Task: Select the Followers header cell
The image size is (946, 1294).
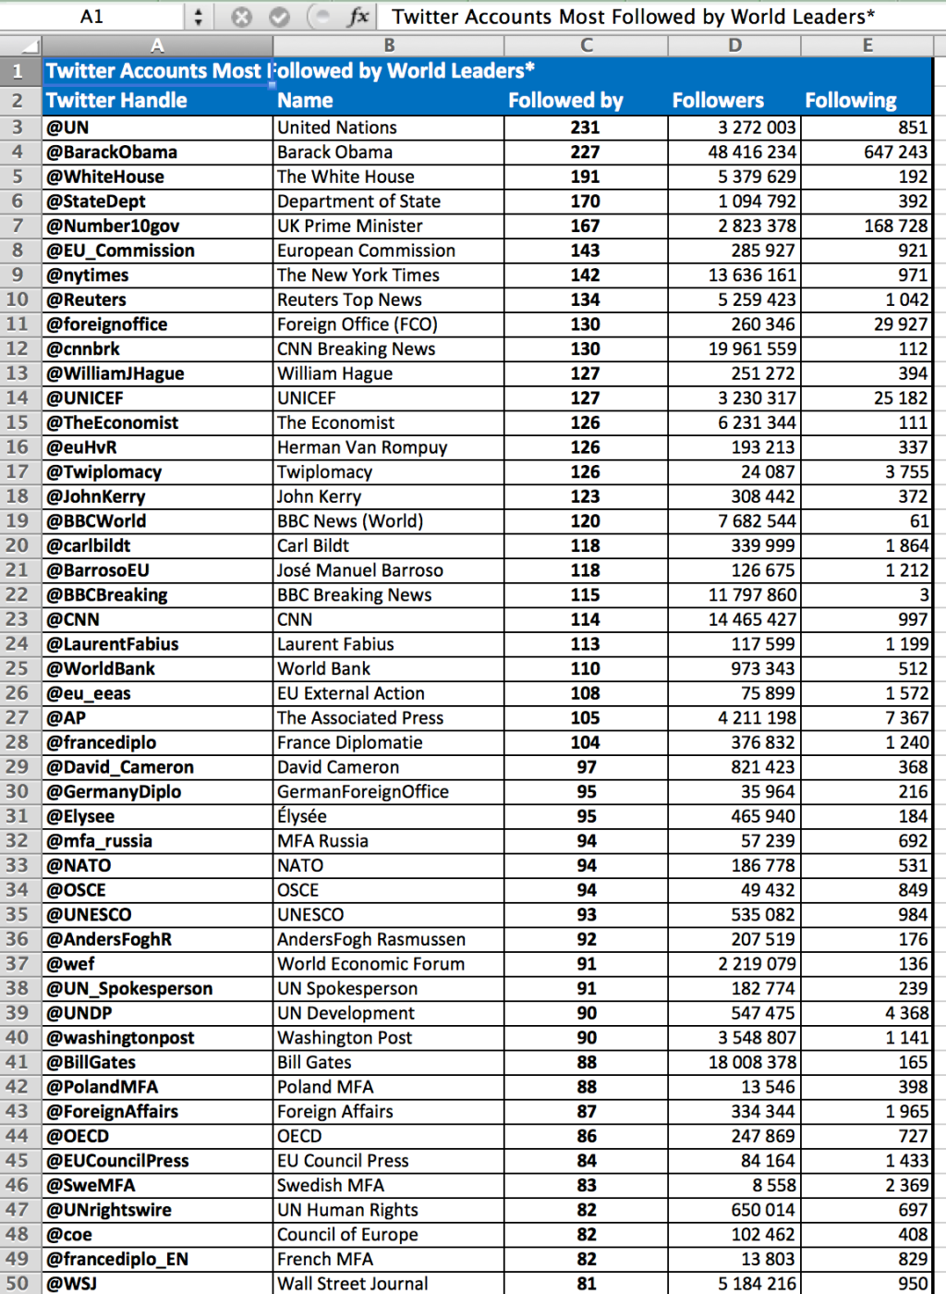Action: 718,101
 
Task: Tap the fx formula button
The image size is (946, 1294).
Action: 358,17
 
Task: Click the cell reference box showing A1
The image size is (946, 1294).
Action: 92,17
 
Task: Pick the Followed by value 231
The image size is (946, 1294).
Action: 585,128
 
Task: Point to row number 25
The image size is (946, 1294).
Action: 18,668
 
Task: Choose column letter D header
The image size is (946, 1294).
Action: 734,45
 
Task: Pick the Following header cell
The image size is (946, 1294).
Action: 850,101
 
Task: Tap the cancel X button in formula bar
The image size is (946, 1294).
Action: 241,17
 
